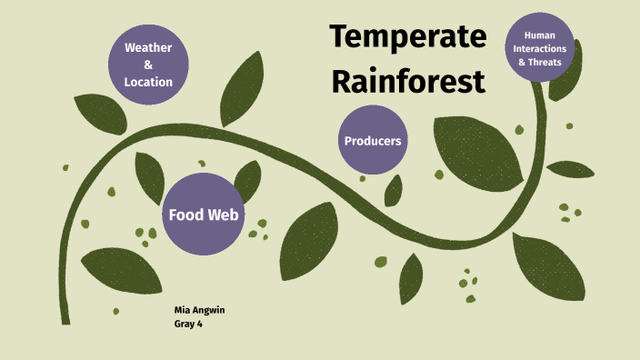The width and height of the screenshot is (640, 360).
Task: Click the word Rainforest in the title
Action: (407, 80)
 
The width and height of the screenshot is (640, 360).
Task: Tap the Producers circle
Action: (373, 141)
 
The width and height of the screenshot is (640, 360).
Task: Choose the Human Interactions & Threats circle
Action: (541, 48)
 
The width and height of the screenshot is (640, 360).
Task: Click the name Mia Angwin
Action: (199, 310)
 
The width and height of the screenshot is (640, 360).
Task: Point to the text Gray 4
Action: (188, 324)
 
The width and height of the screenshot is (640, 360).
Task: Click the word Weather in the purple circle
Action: (148, 47)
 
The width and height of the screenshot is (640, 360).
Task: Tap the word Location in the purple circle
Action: (148, 82)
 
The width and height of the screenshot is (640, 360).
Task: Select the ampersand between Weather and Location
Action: (148, 65)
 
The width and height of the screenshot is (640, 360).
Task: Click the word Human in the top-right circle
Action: (541, 35)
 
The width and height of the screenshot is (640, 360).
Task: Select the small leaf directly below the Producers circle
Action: (393, 190)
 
